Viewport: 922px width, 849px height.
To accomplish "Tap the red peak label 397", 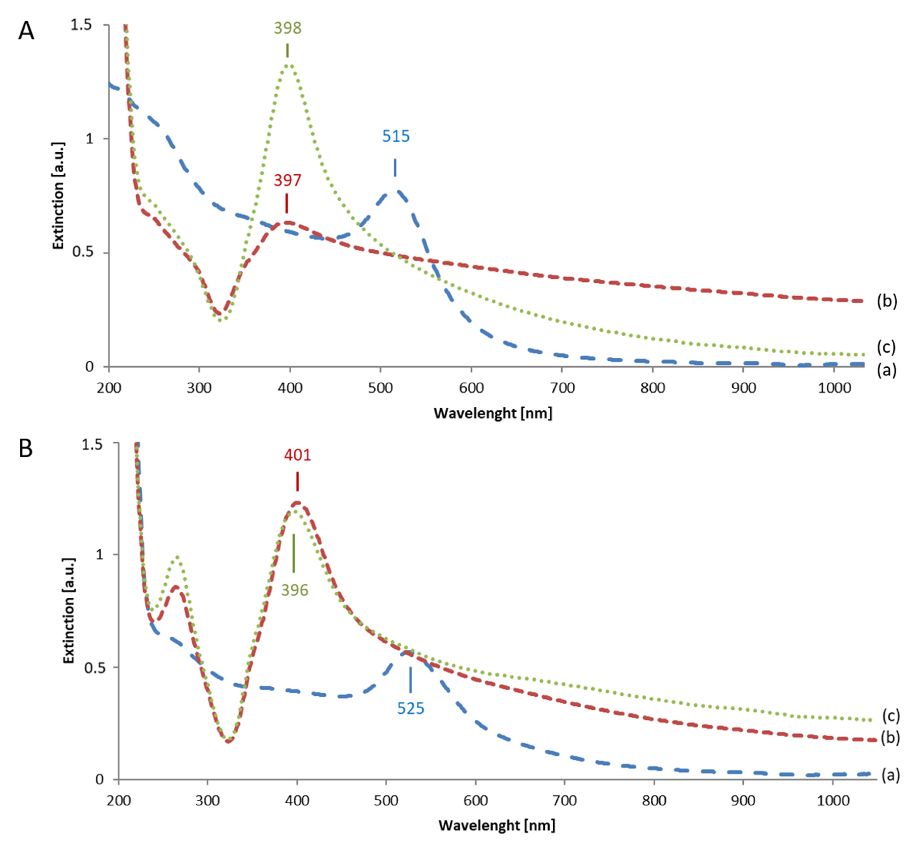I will pos(287,180).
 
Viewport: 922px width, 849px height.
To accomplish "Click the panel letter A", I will pos(26,32).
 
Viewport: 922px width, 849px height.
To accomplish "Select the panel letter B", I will pos(26,448).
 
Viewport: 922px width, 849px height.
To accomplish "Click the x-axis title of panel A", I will pos(492,413).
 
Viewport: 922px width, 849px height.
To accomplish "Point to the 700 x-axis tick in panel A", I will pos(562,388).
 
